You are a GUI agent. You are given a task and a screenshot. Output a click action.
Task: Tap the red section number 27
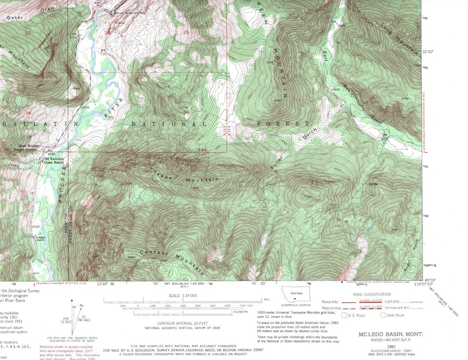click(27, 33)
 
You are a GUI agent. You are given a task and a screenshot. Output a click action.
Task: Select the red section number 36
click(186, 113)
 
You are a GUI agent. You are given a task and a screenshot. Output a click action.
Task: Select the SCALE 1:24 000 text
click(183, 296)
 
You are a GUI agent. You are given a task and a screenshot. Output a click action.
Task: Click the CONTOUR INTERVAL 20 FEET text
click(183, 323)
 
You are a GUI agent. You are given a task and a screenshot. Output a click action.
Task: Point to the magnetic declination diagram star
click(72, 301)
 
